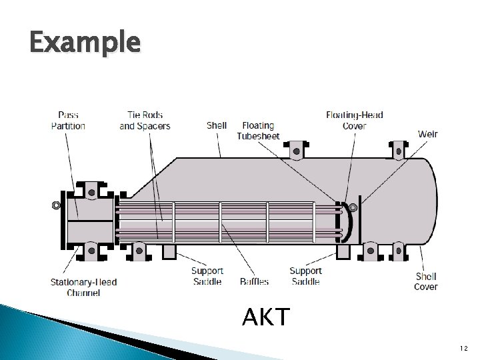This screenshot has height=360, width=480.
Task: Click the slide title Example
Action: click(85, 42)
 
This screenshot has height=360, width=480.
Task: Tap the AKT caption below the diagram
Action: click(266, 317)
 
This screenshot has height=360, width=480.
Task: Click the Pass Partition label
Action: click(68, 121)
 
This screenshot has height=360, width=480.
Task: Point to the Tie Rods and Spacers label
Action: click(145, 121)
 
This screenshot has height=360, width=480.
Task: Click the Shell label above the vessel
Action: click(217, 125)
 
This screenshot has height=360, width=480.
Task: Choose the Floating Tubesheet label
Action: click(258, 131)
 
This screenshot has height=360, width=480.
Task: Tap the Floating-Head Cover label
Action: click(354, 121)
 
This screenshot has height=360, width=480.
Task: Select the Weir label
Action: click(428, 134)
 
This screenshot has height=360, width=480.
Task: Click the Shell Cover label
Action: click(426, 281)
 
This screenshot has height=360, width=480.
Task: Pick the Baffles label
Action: click(254, 281)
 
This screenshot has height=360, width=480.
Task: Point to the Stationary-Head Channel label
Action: click(83, 287)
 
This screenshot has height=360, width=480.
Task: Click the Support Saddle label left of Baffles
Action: click(207, 276)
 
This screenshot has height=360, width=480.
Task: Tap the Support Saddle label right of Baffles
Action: click(305, 276)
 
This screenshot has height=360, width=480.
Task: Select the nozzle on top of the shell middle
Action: click(294, 152)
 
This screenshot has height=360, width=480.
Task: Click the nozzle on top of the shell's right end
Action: click(399, 151)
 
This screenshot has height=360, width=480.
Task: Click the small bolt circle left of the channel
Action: click(57, 205)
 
